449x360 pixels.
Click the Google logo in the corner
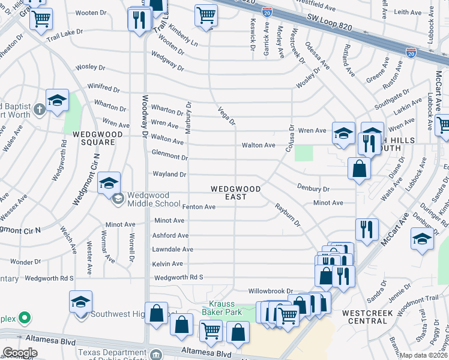[20, 352]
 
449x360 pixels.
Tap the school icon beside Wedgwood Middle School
[109, 184]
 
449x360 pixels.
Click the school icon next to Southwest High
[80, 303]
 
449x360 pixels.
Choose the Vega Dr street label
[226, 115]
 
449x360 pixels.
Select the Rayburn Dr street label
[287, 215]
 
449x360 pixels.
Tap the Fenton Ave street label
[199, 207]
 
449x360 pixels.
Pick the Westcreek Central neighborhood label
[365, 317]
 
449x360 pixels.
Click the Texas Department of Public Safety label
[112, 353]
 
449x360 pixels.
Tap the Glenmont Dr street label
[169, 157]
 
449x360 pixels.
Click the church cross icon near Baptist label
[38, 109]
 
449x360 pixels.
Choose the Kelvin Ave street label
[169, 264]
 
